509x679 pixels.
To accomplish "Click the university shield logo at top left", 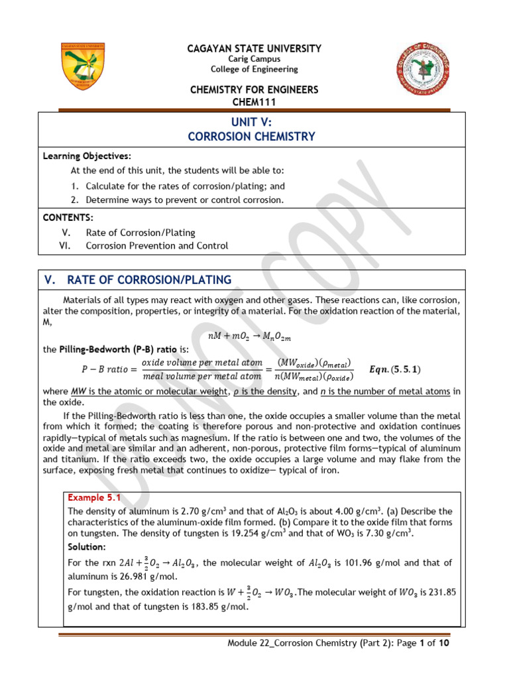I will coord(82,68).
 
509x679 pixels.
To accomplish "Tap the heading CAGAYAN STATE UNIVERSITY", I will coord(254,48).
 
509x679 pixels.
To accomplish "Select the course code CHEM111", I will coord(254,101).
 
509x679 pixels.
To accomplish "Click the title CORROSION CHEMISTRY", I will coord(251,137).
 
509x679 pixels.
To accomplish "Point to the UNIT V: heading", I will coord(251,122).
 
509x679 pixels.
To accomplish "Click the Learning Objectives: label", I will coord(87,156).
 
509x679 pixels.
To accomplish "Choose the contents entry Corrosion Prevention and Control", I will coord(156,245).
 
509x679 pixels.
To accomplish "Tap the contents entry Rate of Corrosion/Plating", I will coord(140,233).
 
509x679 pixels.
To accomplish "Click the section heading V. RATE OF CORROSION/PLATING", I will coord(138,280).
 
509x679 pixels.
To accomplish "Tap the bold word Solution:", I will coord(87,546).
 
